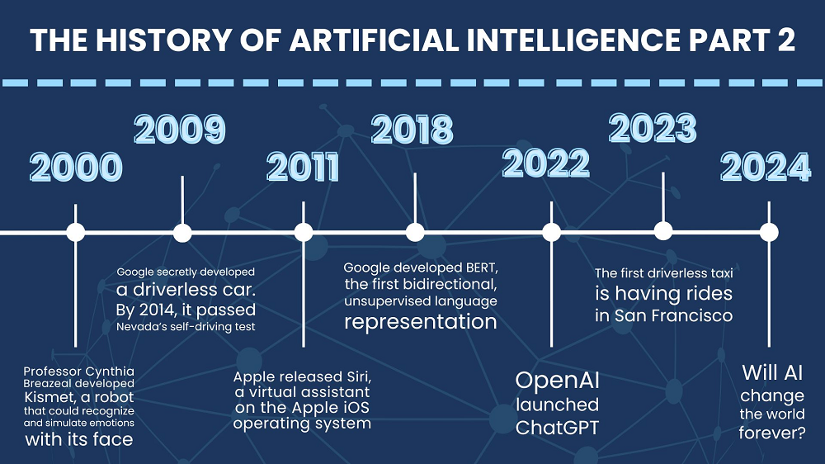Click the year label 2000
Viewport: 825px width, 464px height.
[76, 167]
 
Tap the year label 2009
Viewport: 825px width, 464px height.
[180, 129]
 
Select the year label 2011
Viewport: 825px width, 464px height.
[303, 167]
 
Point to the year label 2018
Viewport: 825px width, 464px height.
[412, 129]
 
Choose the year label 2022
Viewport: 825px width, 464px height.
[546, 163]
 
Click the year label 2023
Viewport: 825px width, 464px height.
[653, 128]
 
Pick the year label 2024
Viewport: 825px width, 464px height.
[766, 167]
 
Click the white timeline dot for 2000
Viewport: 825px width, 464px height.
[76, 232]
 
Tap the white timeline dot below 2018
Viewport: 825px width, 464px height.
[415, 232]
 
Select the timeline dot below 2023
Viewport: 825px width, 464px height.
[663, 230]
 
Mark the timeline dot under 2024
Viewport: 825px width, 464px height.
[769, 232]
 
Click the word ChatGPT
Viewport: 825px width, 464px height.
[557, 428]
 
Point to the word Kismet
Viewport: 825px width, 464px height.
[49, 397]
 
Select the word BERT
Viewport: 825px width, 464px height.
[482, 268]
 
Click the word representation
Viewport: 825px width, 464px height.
[421, 322]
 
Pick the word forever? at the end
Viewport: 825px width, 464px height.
[772, 433]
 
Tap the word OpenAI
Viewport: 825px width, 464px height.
[557, 381]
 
